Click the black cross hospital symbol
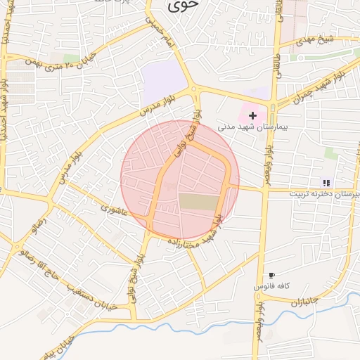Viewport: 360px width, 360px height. point(252,115)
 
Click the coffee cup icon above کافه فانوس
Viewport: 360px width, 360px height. point(272,275)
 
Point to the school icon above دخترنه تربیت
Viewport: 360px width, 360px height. point(326,183)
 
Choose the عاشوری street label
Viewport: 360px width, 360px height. point(113,209)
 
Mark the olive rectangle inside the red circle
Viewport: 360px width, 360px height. point(198,201)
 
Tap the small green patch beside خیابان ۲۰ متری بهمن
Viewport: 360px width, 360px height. point(71,58)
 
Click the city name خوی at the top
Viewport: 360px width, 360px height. point(179,6)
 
